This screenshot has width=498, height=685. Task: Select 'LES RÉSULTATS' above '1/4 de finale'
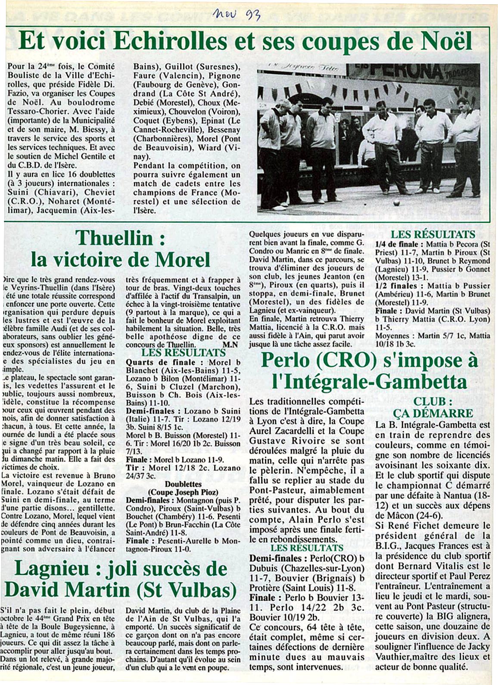[433, 235]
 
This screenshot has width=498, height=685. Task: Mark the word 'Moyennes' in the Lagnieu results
[392, 335]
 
